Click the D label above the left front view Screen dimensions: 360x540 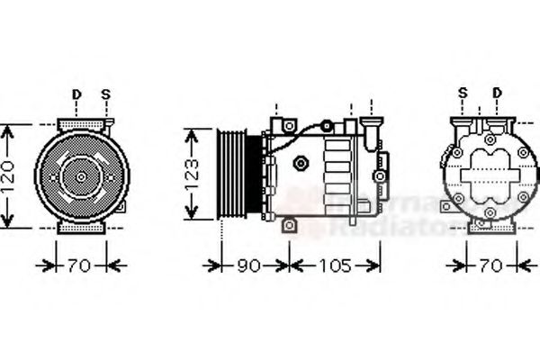(76, 94)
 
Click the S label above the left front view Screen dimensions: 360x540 (105, 94)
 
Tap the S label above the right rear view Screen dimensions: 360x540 (463, 93)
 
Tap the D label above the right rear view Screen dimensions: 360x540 (497, 93)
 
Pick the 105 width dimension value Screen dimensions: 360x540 (334, 266)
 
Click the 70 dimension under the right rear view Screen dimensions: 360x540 (490, 266)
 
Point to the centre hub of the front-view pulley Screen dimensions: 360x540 (81, 176)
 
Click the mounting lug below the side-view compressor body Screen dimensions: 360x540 (288, 225)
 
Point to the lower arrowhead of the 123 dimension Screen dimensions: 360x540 (190, 216)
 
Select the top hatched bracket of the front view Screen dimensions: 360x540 (82, 123)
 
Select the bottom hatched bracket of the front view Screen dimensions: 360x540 (82, 229)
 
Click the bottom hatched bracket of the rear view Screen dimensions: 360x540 (489, 228)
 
